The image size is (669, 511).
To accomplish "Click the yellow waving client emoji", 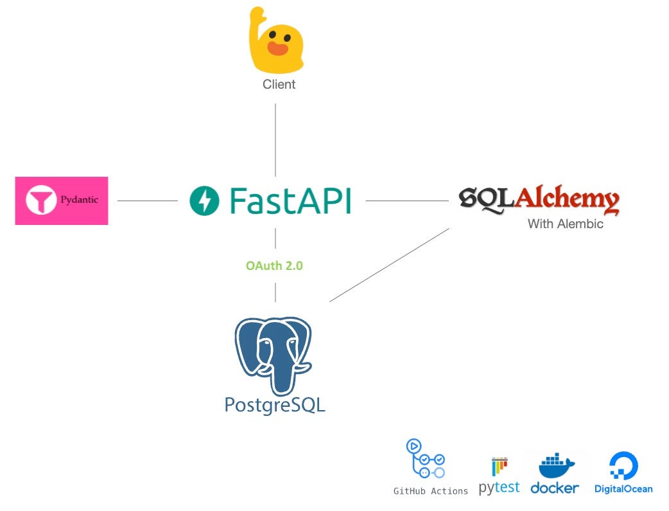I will tap(276, 42).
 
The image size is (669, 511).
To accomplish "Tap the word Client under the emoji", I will tap(279, 84).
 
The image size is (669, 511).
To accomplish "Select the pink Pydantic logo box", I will tap(62, 201).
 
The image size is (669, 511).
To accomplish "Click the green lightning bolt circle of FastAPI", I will tap(205, 201).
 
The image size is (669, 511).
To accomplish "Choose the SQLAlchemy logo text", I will tap(539, 200).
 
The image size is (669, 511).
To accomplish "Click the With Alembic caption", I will tap(565, 224).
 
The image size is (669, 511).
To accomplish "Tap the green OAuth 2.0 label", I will tap(274, 265).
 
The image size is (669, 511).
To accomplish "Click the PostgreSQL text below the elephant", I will tap(275, 404).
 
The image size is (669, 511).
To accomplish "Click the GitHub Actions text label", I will tap(431, 491).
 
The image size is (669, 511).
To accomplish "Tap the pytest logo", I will tap(499, 476).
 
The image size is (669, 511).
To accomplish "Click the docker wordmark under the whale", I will tap(555, 489).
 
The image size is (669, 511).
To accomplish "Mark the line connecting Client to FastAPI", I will tap(275, 139).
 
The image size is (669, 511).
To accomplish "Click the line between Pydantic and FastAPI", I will tap(148, 201).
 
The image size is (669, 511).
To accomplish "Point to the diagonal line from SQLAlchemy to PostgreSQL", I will tap(389, 265).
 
